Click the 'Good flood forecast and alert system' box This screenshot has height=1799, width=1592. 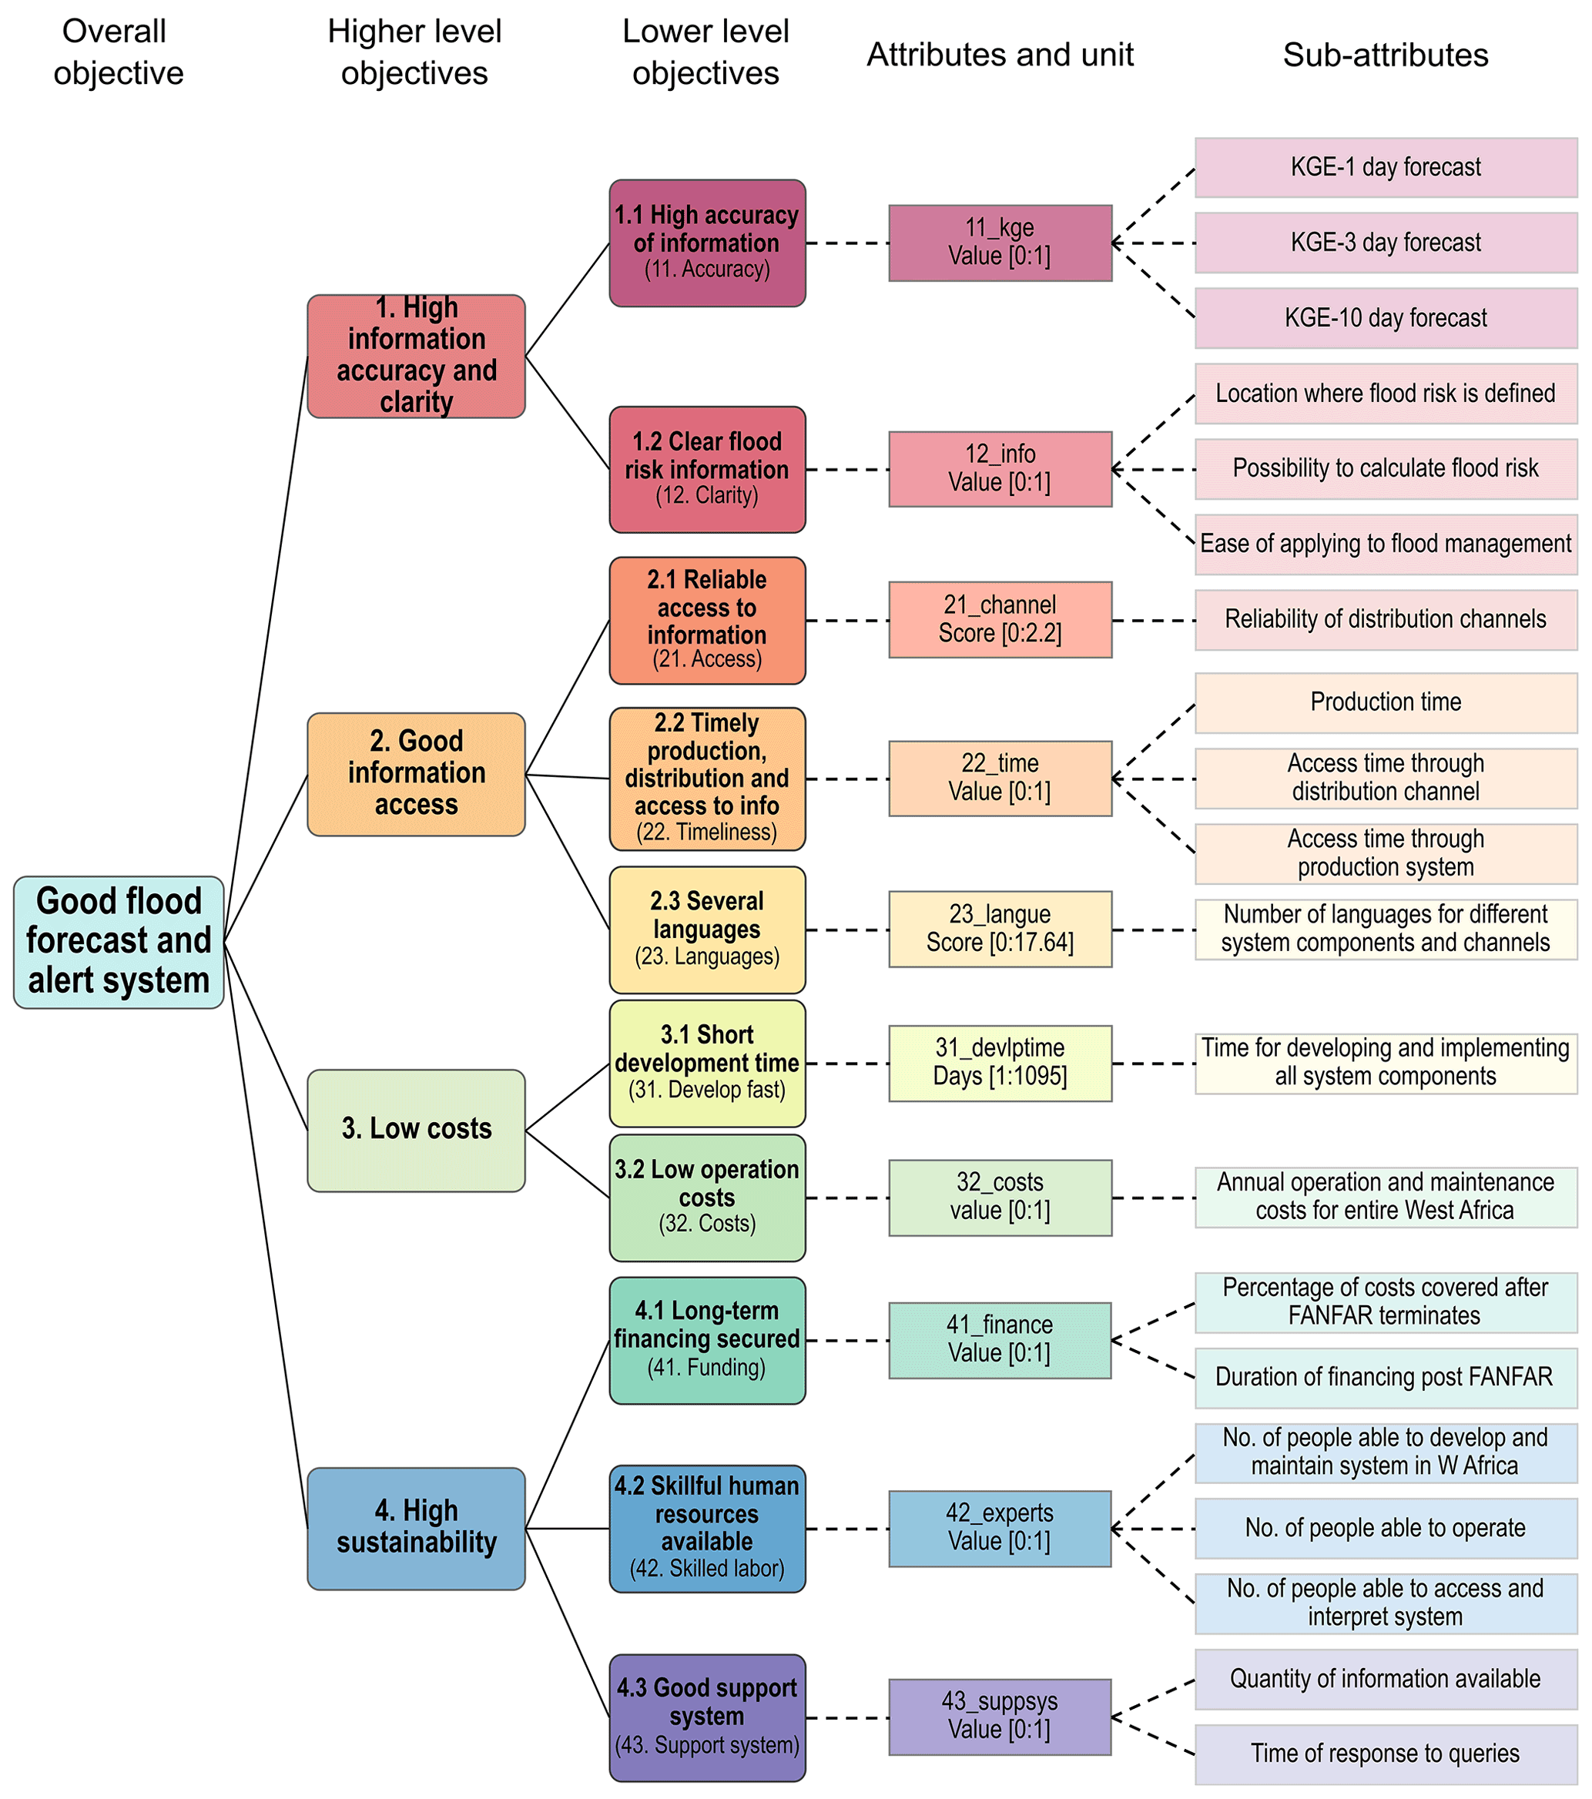[119, 941]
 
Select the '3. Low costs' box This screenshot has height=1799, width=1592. [416, 1129]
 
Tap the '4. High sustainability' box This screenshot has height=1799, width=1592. [416, 1527]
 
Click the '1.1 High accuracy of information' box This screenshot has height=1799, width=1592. [707, 243]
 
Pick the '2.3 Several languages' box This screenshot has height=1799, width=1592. [707, 929]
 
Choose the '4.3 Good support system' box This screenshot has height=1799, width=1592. [707, 1717]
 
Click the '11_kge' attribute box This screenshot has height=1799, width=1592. [1000, 243]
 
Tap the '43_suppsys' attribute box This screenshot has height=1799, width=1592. [1000, 1717]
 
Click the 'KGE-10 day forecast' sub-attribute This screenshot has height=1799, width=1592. [1385, 318]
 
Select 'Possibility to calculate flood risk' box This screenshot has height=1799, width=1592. [1385, 468]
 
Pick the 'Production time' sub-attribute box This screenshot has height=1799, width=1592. [1385, 702]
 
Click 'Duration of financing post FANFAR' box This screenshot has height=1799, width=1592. [1385, 1376]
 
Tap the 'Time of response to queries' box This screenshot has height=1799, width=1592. [1385, 1754]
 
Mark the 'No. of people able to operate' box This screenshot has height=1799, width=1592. [1385, 1528]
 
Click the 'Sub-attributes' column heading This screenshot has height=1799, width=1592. [1385, 55]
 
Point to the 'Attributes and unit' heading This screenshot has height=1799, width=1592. [1000, 55]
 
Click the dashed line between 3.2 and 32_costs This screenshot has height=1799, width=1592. [846, 1198]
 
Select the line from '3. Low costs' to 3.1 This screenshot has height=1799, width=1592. [568, 1097]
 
